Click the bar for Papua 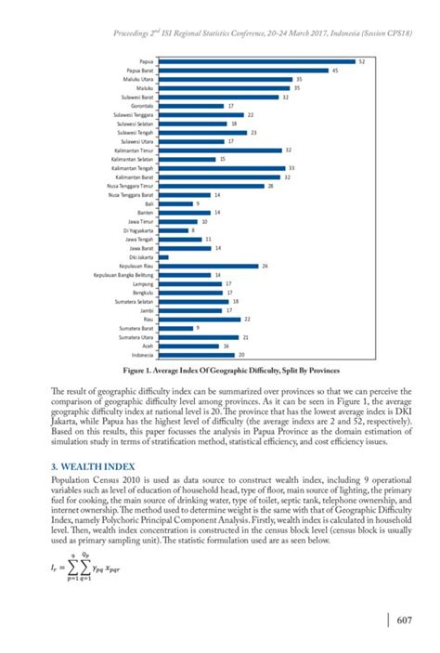256,61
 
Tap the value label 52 361,61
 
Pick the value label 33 292,168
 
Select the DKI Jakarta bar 162,256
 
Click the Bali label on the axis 149,203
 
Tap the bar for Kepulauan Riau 208,266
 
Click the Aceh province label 148,346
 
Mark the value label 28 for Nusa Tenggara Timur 270,186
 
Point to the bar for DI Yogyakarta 172,230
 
